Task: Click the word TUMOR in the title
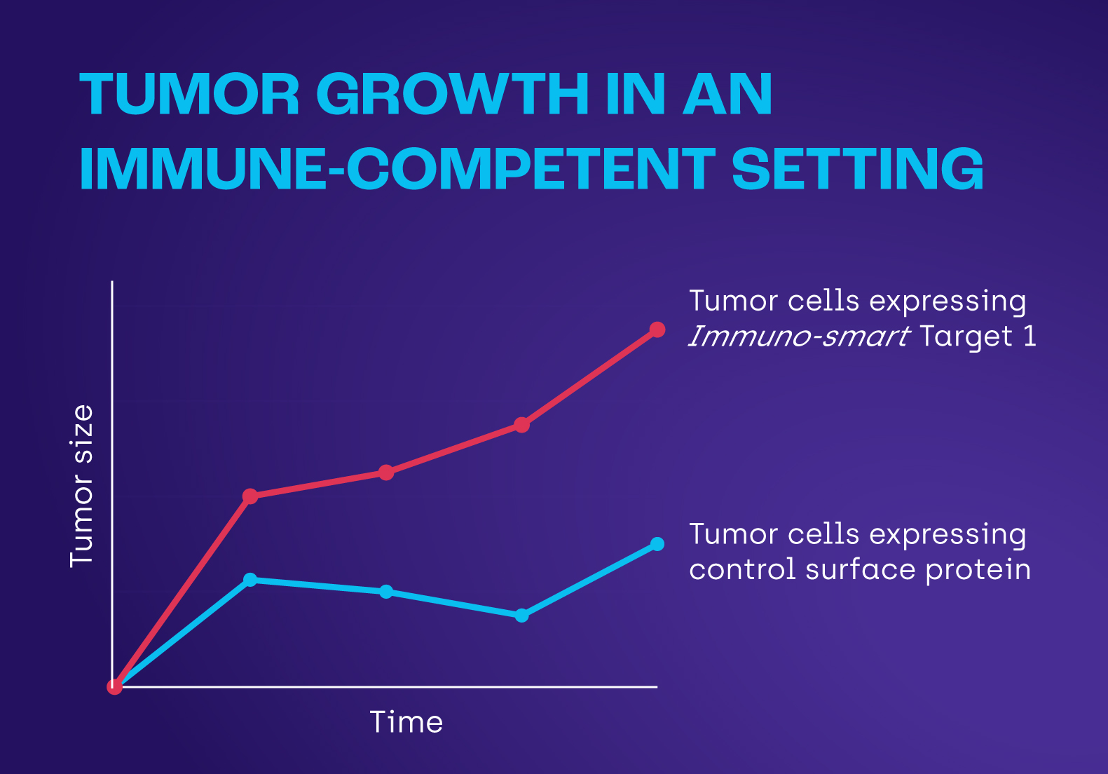(190, 95)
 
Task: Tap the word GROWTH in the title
(453, 95)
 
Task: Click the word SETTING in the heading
(857, 169)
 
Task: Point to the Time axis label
(406, 722)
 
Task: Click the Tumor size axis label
(82, 486)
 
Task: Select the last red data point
(657, 330)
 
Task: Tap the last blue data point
(657, 544)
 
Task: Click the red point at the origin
(114, 687)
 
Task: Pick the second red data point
(250, 496)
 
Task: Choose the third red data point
(386, 473)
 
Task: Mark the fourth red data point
(521, 425)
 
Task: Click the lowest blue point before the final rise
(521, 616)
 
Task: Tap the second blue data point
(250, 580)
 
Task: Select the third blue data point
(386, 592)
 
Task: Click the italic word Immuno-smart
(799, 337)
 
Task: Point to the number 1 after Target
(1030, 337)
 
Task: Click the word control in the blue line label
(742, 570)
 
